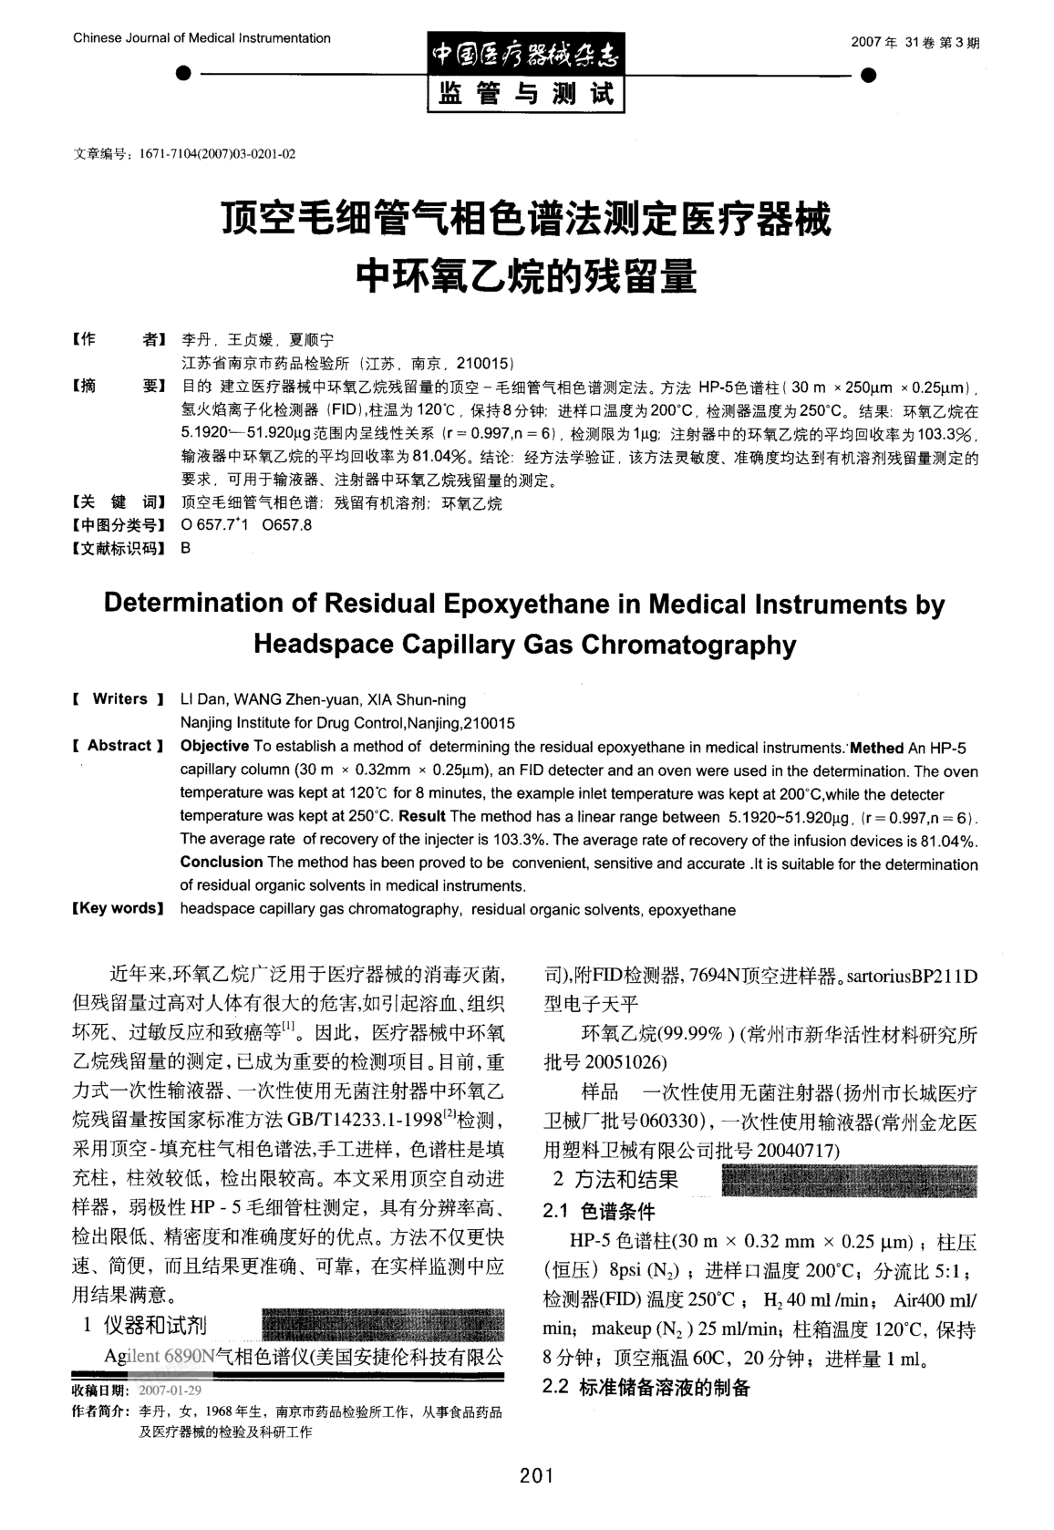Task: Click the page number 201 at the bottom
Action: pos(536,1475)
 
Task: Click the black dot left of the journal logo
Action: pos(184,73)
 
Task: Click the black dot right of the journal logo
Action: pos(868,74)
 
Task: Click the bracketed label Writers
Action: pos(119,699)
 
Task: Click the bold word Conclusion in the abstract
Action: pos(221,862)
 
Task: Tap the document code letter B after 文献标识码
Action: pos(186,548)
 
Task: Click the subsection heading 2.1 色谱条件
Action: pos(598,1212)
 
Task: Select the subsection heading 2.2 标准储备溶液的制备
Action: pos(646,1387)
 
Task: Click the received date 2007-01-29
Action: pos(170,1390)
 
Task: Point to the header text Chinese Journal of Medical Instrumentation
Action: pos(201,38)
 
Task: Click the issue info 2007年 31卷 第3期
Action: pos(914,43)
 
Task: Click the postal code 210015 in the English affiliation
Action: pos(490,723)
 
